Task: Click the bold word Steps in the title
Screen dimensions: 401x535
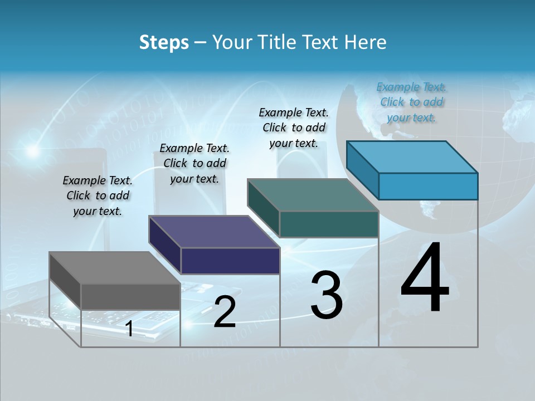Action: pyautogui.click(x=164, y=42)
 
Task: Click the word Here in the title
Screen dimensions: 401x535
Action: pyautogui.click(x=366, y=42)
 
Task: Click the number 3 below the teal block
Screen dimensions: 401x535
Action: pyautogui.click(x=326, y=295)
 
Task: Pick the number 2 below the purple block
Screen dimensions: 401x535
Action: pyautogui.click(x=225, y=312)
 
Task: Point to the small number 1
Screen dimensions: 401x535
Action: pyautogui.click(x=129, y=329)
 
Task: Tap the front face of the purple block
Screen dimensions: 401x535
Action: pyautogui.click(x=230, y=261)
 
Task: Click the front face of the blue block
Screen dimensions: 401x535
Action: pyautogui.click(x=428, y=186)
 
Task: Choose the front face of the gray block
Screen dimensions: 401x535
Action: pyautogui.click(x=130, y=296)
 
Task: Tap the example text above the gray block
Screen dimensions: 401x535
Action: pyautogui.click(x=98, y=195)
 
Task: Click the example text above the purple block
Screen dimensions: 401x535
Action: pyautogui.click(x=194, y=163)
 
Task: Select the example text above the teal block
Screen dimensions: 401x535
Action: pyautogui.click(x=294, y=128)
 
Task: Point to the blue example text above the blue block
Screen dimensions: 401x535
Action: pyautogui.click(x=411, y=102)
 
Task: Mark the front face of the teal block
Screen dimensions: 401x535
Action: pyautogui.click(x=329, y=224)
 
